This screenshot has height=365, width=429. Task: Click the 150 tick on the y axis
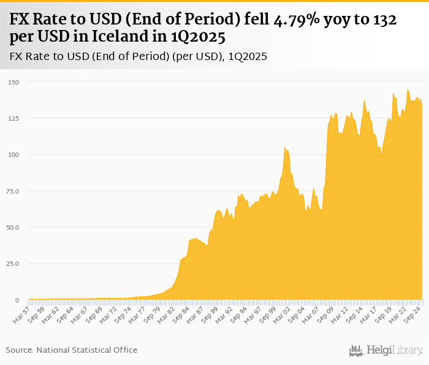(x=14, y=82)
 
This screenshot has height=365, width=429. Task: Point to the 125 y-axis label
(x=14, y=118)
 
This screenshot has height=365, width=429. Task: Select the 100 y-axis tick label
(x=14, y=154)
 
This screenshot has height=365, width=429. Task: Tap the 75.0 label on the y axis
(x=13, y=191)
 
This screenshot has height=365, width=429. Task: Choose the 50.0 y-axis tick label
(x=13, y=227)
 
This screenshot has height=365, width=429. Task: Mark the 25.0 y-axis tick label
(x=13, y=264)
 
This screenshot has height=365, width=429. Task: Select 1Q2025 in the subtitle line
(x=248, y=56)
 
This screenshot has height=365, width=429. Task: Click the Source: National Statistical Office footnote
(x=72, y=350)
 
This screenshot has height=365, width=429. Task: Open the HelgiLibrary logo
(x=386, y=350)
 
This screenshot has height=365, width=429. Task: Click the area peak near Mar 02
(x=284, y=148)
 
